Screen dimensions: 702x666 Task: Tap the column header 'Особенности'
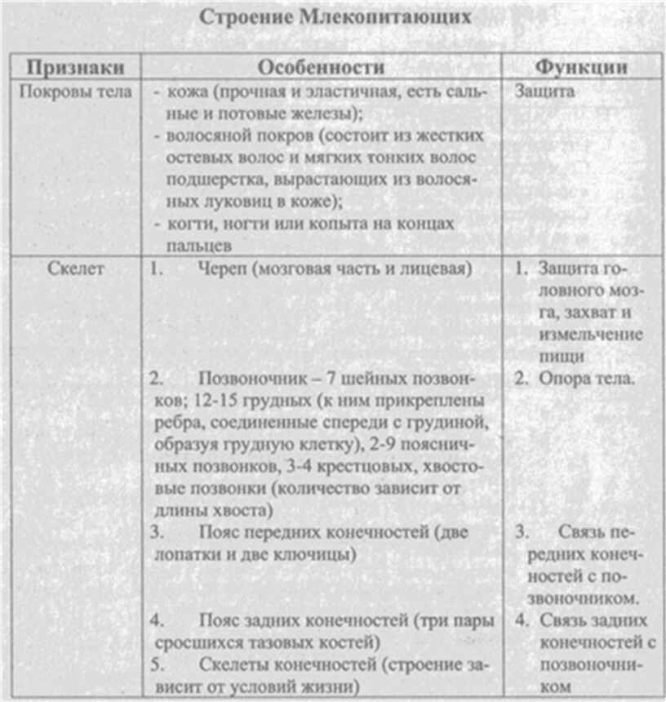point(321,67)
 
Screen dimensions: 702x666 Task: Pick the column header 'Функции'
point(581,67)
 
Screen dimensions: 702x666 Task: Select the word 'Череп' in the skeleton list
point(221,269)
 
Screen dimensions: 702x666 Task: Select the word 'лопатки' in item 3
point(183,555)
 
